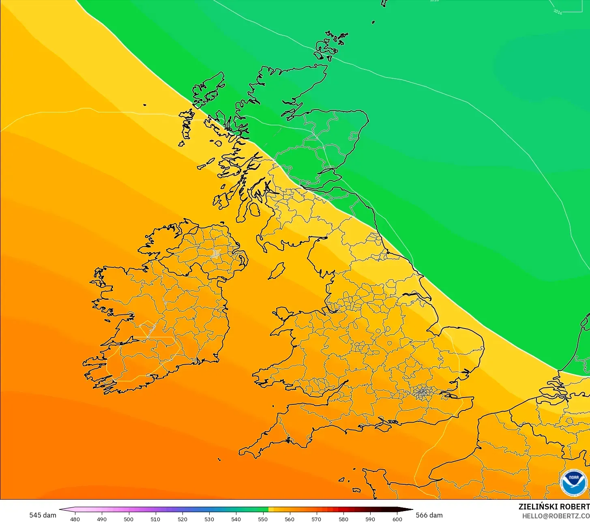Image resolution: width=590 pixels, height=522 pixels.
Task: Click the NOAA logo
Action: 573,482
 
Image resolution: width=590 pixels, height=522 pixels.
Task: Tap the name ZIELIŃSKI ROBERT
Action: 554,507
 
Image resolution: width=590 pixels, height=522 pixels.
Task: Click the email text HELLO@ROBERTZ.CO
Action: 556,516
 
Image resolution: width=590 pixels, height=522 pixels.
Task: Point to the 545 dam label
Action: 43,515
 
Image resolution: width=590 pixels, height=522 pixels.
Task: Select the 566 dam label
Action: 429,515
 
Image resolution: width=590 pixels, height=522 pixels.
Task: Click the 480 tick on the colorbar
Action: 75,519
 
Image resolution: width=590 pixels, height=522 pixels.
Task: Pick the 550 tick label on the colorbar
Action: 263,519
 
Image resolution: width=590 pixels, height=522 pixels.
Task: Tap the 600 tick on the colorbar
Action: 397,519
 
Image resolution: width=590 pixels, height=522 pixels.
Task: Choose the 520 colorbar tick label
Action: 182,519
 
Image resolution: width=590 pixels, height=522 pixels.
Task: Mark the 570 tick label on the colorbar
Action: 316,519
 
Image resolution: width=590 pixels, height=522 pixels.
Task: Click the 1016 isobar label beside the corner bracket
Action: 558,12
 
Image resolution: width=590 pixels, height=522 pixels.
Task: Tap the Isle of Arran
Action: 254,210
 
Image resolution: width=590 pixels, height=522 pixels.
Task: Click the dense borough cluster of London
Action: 423,392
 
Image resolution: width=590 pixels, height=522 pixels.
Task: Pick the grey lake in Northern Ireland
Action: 215,254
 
